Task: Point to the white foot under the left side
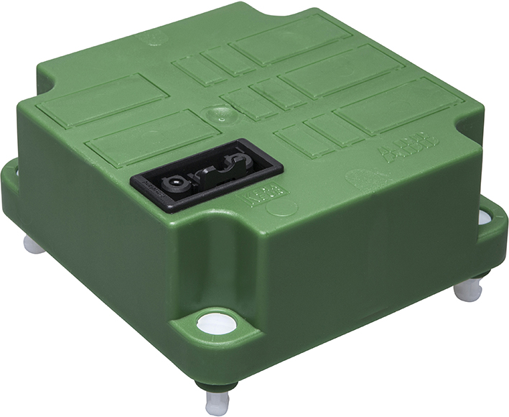tap(32, 245)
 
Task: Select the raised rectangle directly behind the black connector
tap(151, 137)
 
